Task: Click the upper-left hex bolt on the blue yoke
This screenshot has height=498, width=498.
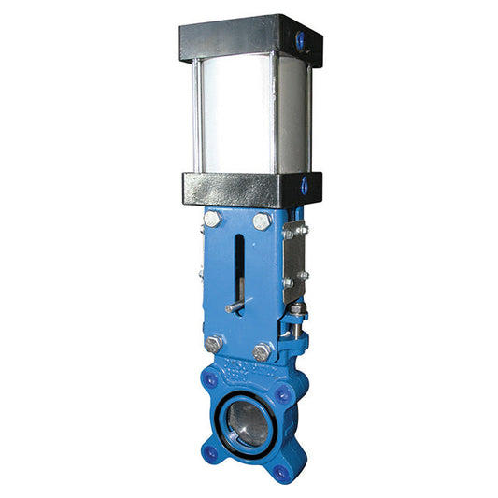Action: (212, 220)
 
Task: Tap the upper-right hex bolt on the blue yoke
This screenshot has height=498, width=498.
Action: (263, 221)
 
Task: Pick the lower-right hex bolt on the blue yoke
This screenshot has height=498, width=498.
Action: (262, 351)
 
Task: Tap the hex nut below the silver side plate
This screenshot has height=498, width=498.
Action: (295, 311)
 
